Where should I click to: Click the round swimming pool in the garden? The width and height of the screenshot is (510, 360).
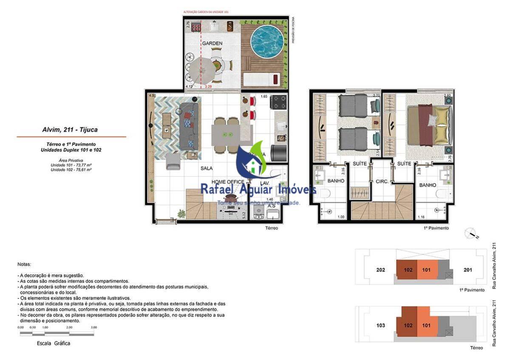267,43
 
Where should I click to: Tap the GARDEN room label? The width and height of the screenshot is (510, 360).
212,43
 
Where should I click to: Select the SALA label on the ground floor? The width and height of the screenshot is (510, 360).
207,168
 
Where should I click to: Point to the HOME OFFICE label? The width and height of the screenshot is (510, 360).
228,182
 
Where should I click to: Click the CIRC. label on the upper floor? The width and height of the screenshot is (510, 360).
381,181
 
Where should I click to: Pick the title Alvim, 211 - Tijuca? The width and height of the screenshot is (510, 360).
71,130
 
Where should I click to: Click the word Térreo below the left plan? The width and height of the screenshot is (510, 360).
271,228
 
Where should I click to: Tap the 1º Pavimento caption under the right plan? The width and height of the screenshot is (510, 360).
436,228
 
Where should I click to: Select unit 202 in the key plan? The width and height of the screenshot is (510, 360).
381,270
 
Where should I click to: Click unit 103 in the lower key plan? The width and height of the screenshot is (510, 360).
381,326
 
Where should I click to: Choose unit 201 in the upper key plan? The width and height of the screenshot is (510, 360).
468,270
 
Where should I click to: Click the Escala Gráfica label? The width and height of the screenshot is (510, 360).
54,343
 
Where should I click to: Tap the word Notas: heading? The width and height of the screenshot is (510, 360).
24,264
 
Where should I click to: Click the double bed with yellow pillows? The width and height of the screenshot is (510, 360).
427,123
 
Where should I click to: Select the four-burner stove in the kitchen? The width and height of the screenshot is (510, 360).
279,102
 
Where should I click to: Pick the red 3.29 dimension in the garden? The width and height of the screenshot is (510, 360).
208,87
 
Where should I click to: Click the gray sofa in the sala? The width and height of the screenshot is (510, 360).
189,126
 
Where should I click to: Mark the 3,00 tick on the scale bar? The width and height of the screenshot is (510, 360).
94,328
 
